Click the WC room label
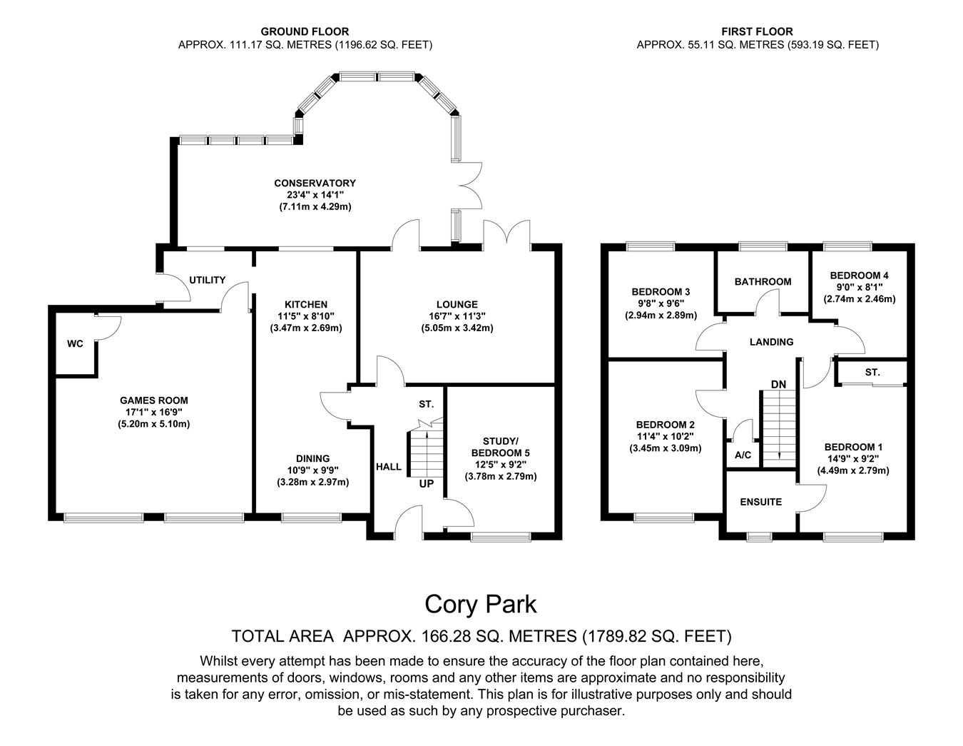pos(75,344)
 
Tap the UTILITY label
pos(208,281)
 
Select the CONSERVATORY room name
pos(315,183)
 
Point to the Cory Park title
pos(481,605)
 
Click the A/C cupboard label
pos(743,455)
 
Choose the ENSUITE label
pos(760,502)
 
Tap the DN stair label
pos(778,385)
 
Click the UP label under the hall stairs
pos(426,484)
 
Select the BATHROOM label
pos(763,282)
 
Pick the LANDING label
pos(771,343)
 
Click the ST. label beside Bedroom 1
pos(872,373)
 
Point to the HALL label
pos(389,467)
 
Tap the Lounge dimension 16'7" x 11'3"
pos(457,316)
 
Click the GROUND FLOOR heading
pos(305,31)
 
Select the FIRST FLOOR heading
pos(757,31)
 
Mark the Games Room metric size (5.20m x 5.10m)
pos(154,424)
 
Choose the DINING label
pos(313,458)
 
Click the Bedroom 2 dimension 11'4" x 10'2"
pos(666,436)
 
